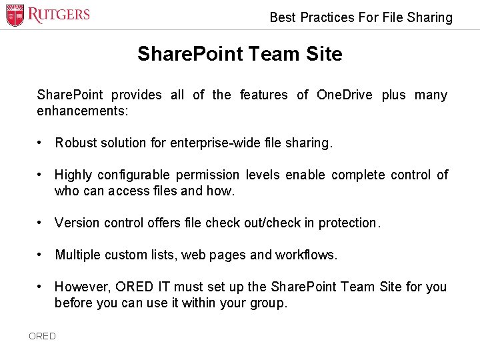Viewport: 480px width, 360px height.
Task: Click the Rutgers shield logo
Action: pos(15,15)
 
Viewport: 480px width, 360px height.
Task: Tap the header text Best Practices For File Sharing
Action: pos(361,17)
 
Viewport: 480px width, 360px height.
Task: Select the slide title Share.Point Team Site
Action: pos(239,54)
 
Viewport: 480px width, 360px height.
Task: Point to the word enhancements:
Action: pos(83,111)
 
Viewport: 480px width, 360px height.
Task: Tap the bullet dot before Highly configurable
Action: pos(41,175)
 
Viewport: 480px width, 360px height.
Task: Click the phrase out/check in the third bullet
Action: pos(268,223)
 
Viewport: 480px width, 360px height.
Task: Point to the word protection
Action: pos(349,223)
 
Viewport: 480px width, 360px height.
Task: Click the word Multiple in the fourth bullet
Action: pos(77,255)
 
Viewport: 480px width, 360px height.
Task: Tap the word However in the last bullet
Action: pos(81,287)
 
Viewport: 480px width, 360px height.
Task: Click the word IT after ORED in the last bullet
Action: pos(164,287)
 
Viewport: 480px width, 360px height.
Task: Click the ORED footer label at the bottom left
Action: pos(42,336)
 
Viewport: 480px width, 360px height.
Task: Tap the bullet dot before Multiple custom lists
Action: pos(41,255)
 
